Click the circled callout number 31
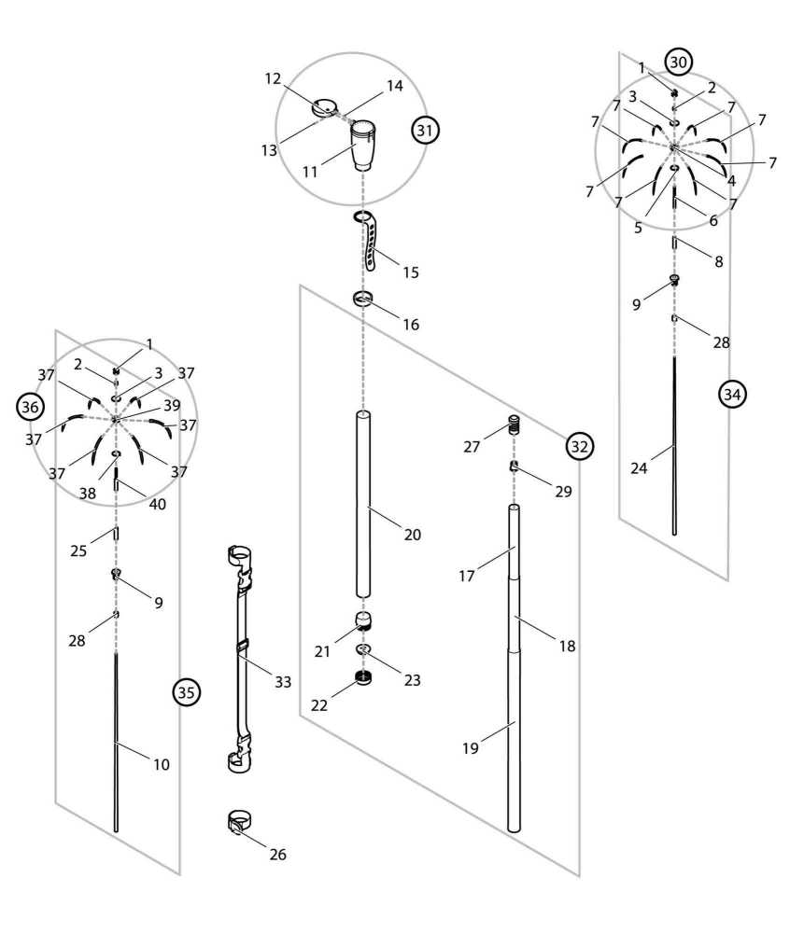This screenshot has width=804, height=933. point(425,131)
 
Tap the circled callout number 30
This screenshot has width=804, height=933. point(678,63)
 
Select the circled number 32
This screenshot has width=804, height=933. point(579,447)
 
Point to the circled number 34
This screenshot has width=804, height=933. point(732,395)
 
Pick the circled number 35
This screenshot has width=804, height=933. point(187,692)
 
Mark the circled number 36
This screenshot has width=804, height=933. point(31,407)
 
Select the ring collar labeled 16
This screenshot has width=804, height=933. point(363,299)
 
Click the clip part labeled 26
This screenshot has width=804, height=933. point(241,824)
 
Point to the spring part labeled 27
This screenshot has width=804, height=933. point(513,427)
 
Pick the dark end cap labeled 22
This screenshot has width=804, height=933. point(364,677)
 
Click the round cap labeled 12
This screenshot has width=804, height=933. point(325,108)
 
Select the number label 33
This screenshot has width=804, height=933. point(283,682)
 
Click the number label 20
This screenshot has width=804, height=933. point(412,535)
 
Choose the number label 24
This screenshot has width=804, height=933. point(639,468)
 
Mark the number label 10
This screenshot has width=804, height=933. point(161,764)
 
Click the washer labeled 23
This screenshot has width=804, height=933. point(364,649)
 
